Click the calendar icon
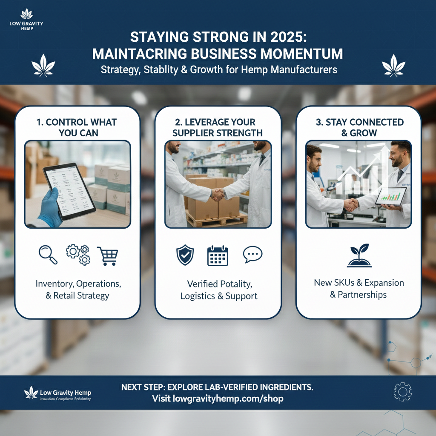218,256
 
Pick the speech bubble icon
252,255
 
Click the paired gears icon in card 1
77,254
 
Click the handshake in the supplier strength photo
218,194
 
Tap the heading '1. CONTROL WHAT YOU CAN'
77,127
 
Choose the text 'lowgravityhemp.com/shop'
228,399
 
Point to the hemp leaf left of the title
43,66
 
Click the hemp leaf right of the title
393,66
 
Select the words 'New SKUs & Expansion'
359,283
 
